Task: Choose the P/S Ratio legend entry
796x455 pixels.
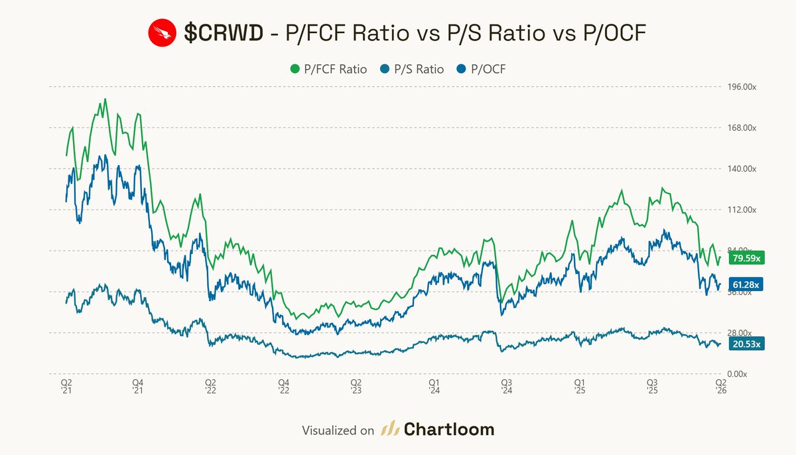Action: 413,69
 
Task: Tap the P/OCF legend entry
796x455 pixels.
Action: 486,69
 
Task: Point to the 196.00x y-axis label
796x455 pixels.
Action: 737,87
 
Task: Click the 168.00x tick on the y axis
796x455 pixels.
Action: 737,128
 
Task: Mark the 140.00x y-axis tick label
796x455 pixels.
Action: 737,169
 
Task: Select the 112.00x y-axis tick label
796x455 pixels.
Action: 737,210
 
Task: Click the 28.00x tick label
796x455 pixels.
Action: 736,334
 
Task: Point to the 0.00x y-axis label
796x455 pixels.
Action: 734,375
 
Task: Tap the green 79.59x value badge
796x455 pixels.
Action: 746,258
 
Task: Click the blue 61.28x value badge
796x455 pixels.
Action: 746,285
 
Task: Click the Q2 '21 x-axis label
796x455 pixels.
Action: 66,387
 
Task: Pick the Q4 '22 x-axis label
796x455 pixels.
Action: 283,387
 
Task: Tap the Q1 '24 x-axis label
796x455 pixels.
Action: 433,387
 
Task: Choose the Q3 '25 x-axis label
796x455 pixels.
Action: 652,387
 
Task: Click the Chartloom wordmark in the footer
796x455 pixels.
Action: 449,430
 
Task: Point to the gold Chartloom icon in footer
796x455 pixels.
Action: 389,430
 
